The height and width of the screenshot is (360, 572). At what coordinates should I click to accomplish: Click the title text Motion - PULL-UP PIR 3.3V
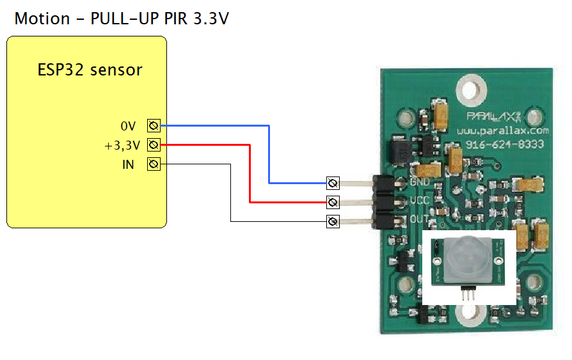pos(122,19)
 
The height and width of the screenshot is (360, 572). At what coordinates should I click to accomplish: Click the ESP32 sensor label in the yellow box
pos(90,70)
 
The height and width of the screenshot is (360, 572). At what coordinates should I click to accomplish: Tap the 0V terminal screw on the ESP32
pos(154,125)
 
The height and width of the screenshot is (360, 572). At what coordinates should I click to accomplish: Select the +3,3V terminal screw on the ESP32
pos(154,145)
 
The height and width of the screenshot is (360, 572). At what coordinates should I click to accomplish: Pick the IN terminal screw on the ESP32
pos(154,164)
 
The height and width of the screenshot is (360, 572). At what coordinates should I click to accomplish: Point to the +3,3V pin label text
pos(122,145)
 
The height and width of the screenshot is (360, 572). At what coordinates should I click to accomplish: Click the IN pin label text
pos(129,164)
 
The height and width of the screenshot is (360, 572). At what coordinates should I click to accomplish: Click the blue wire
pos(269,153)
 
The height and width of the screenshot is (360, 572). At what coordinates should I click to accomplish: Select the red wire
pos(250,173)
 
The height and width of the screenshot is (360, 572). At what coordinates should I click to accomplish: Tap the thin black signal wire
pos(230,192)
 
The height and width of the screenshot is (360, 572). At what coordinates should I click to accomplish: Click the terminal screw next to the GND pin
pos(333,184)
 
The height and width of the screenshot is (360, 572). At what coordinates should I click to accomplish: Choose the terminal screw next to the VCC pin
pos(333,203)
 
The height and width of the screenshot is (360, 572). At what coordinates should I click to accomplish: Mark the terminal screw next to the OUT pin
pos(333,222)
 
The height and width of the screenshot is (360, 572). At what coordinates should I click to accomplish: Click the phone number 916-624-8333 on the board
pos(504,145)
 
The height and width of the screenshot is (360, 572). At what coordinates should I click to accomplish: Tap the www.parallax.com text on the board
pos(504,130)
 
